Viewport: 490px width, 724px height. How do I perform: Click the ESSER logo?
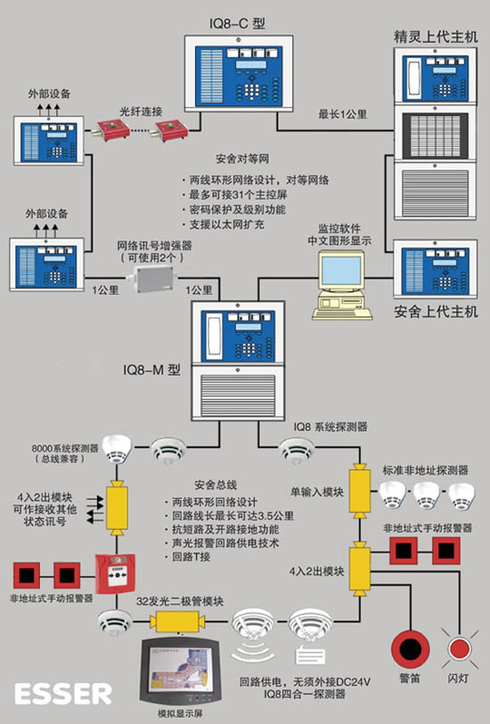click(63, 694)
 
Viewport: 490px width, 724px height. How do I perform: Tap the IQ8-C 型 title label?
click(238, 23)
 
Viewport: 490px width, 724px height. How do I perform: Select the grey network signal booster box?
click(155, 279)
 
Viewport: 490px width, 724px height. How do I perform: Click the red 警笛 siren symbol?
click(410, 648)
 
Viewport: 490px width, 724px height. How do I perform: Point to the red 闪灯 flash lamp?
click(459, 648)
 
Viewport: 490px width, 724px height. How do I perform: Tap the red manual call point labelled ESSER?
click(116, 574)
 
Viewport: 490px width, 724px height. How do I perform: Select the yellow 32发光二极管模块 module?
click(178, 622)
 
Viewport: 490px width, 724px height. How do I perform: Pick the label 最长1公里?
click(343, 114)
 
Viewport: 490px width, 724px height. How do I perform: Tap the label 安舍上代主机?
click(436, 312)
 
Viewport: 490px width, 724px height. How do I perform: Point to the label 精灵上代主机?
click(436, 37)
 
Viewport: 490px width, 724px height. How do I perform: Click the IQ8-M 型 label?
click(151, 370)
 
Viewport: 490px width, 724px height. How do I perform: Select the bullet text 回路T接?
click(192, 557)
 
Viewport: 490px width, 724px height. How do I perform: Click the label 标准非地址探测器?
click(425, 470)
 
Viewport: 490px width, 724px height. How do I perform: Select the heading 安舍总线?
click(216, 484)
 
